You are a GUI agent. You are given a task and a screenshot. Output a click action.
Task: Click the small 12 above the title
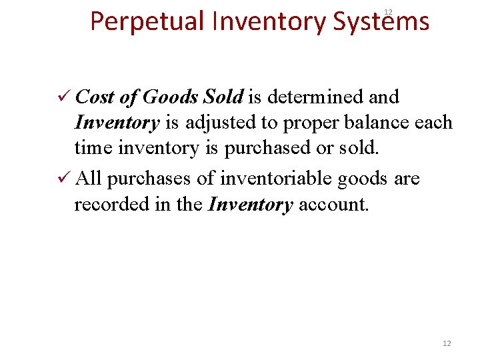(x=388, y=11)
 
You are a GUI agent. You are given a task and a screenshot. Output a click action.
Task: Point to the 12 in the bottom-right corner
(x=447, y=343)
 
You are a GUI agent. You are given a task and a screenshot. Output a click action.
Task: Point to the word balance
(x=375, y=123)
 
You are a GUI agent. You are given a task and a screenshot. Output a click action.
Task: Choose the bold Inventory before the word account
(x=251, y=205)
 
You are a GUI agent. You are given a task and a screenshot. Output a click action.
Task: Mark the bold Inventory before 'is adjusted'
(x=117, y=123)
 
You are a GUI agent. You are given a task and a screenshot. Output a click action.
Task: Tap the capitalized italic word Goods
(x=169, y=97)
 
